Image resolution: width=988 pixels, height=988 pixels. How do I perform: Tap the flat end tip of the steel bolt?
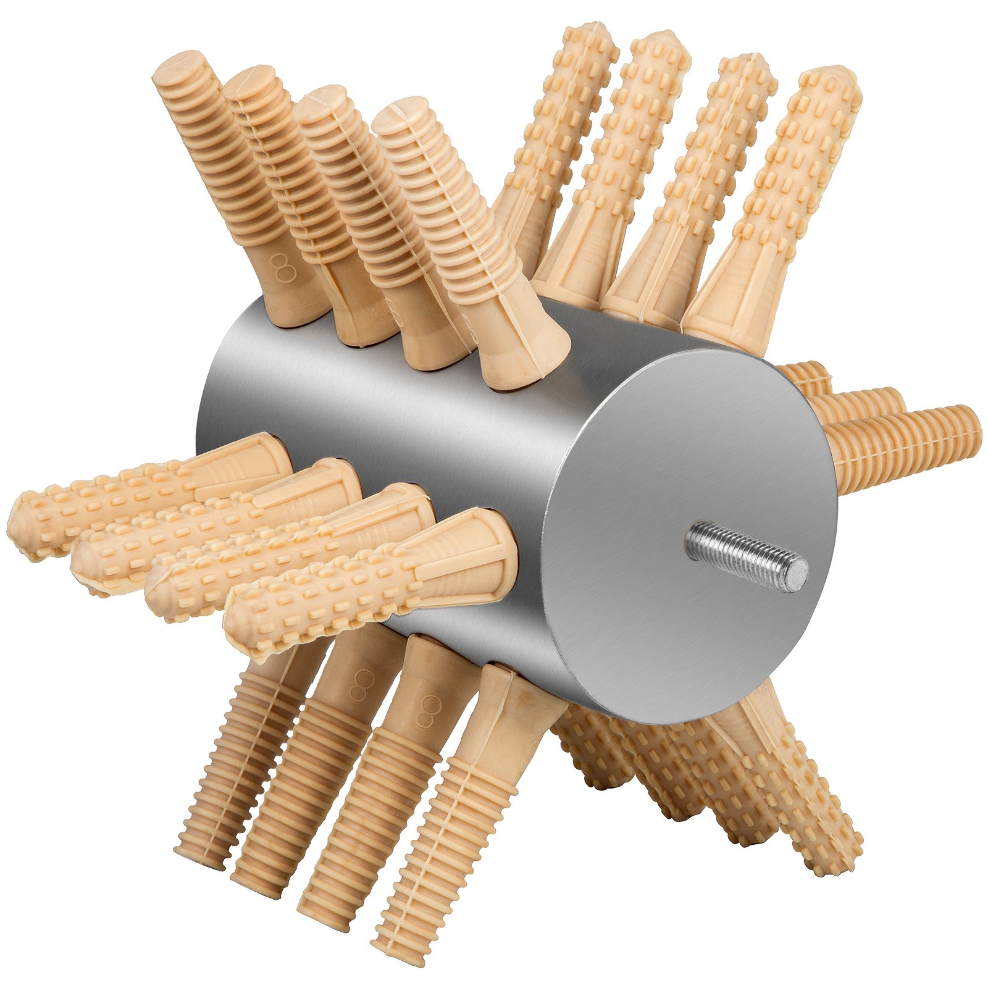click(x=800, y=574)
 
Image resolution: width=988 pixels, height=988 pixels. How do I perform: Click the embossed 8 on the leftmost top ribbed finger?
click(x=283, y=267)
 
